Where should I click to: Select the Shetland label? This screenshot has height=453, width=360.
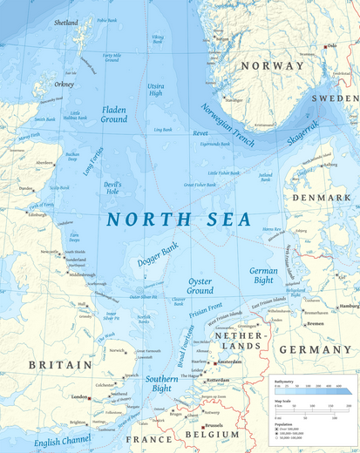click(x=65, y=23)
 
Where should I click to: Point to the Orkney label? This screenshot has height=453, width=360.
click(x=64, y=85)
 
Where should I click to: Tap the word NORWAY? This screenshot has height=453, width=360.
click(x=272, y=66)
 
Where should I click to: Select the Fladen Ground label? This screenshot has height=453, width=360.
click(x=113, y=115)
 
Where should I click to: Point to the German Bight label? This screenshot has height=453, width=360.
click(x=263, y=276)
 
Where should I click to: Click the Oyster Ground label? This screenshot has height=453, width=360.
click(x=200, y=286)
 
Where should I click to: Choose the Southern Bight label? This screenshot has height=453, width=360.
click(x=161, y=384)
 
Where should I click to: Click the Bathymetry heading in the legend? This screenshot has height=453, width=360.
click(x=286, y=381)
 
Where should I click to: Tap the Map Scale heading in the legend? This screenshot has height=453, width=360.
click(x=284, y=400)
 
